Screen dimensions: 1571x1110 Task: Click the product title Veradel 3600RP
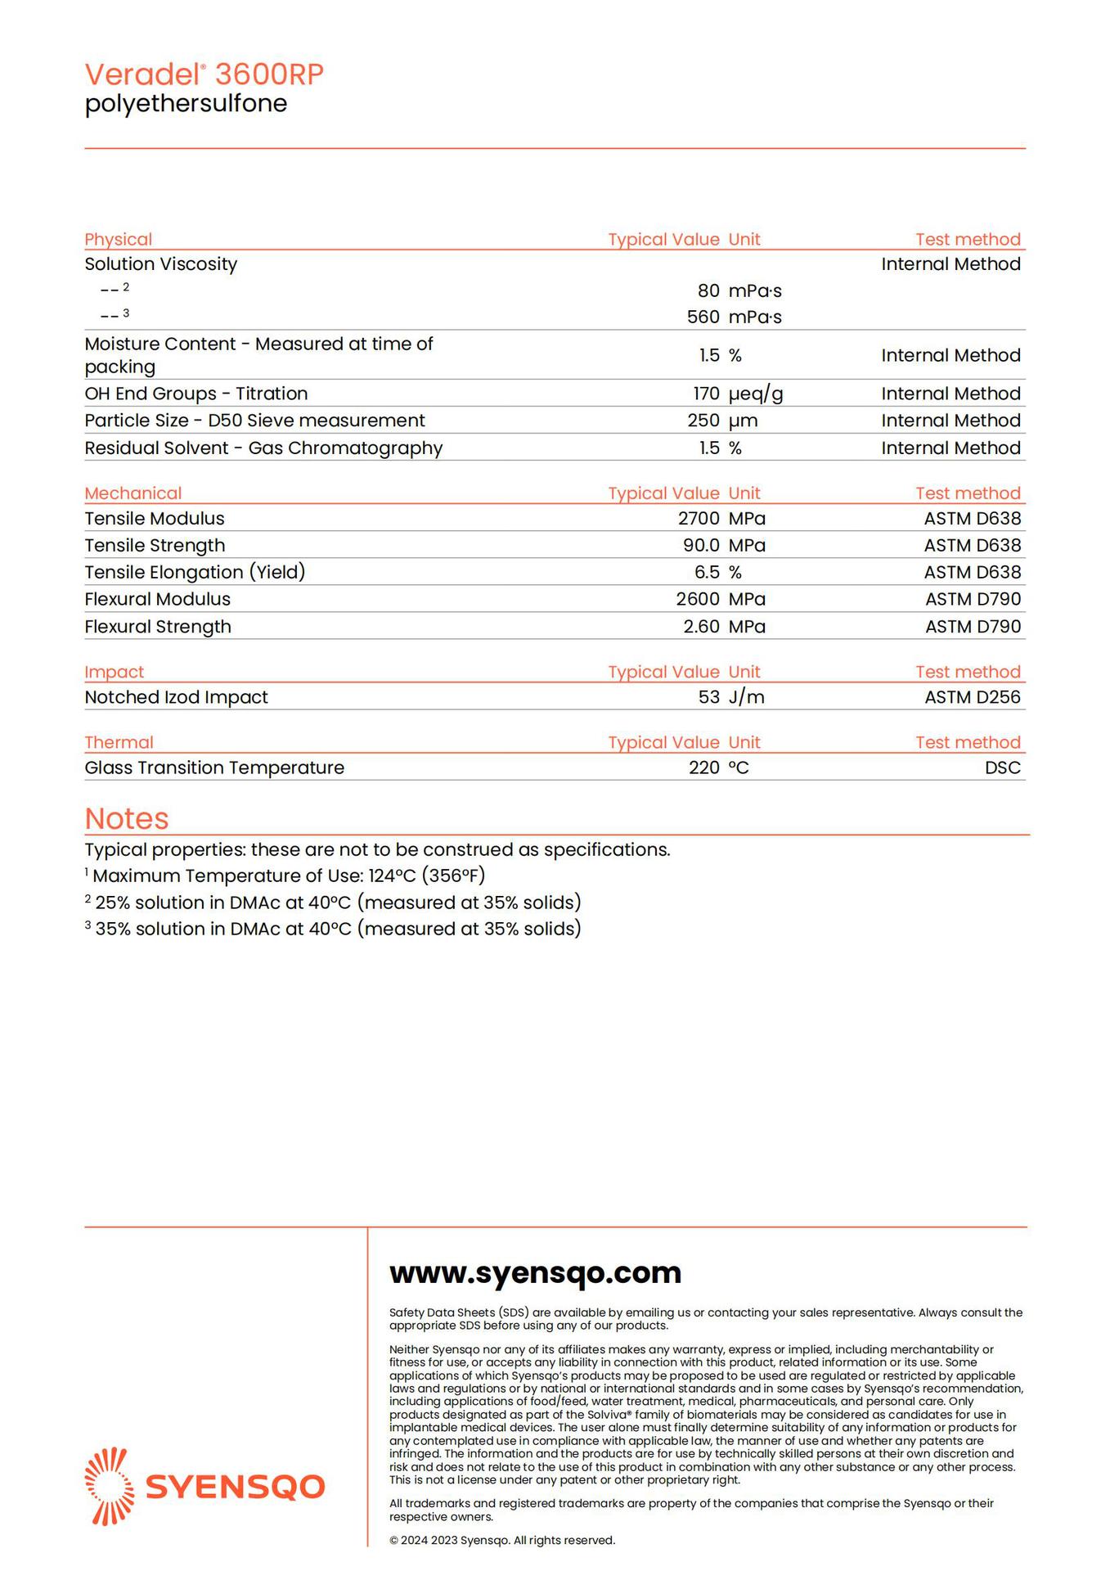click(x=204, y=74)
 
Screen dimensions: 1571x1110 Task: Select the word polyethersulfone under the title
click(x=186, y=104)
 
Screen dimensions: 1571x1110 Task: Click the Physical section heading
click(x=119, y=240)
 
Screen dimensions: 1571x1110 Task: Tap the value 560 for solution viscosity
click(x=703, y=317)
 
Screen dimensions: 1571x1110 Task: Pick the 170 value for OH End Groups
click(x=706, y=394)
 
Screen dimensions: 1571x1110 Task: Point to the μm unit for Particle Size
click(x=743, y=421)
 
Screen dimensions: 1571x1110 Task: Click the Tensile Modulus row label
click(x=155, y=519)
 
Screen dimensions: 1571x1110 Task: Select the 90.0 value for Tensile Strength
click(x=701, y=546)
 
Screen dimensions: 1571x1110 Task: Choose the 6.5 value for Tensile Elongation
click(x=707, y=573)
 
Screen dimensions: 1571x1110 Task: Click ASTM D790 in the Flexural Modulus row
click(x=973, y=600)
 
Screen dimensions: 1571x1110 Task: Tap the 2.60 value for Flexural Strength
click(x=701, y=627)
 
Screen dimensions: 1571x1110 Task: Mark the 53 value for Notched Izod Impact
click(x=709, y=697)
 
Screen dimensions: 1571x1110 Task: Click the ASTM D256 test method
click(x=973, y=697)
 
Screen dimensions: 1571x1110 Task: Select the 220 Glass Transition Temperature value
click(x=703, y=767)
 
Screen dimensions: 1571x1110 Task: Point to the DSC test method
click(x=1003, y=767)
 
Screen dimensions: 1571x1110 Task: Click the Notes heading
click(x=127, y=819)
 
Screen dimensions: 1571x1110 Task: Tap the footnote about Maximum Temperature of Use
click(x=286, y=876)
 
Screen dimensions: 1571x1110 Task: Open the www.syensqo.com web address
click(x=535, y=1273)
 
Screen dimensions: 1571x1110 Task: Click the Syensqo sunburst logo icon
click(x=110, y=1487)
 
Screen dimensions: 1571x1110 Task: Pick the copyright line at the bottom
click(x=501, y=1541)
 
